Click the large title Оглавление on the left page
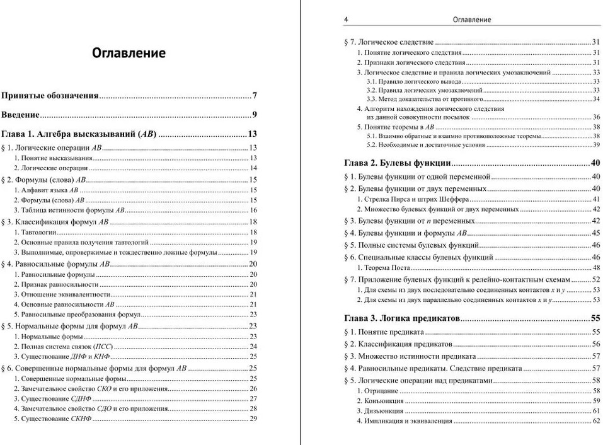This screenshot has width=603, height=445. point(129,53)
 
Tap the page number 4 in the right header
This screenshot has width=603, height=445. point(346,20)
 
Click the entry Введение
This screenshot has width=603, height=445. point(21,115)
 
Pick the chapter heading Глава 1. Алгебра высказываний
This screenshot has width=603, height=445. point(79,134)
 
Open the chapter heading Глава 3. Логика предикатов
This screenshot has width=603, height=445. point(402,317)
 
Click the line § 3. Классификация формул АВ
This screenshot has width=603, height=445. point(55,222)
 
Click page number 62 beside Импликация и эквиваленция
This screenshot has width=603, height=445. point(595,421)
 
